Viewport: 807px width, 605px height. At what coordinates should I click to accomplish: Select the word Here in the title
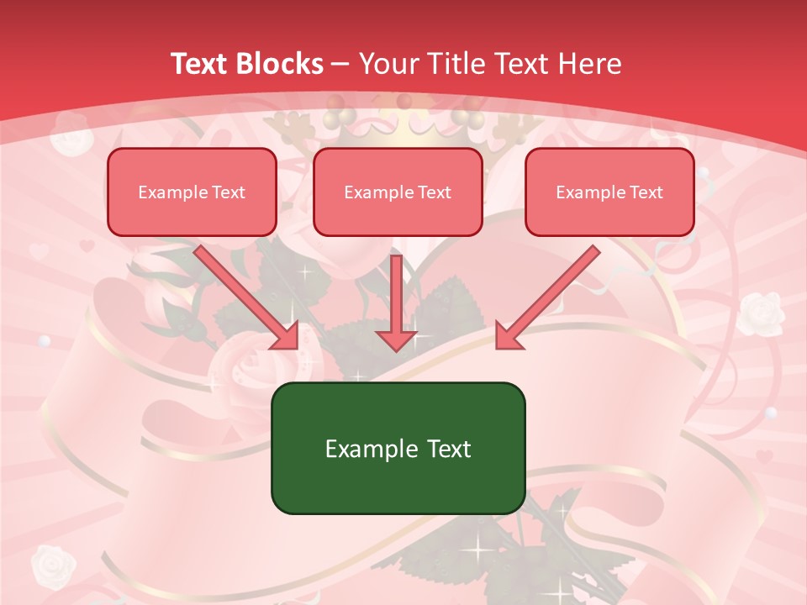pos(591,64)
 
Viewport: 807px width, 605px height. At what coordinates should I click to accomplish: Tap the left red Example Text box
pos(192,192)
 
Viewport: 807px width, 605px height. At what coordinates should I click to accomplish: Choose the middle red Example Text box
pos(398,192)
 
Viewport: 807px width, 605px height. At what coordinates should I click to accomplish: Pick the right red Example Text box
pos(609,192)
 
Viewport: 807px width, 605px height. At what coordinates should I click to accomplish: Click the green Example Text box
pos(398,448)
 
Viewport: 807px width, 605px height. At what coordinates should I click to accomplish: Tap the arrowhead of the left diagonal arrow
pos(286,336)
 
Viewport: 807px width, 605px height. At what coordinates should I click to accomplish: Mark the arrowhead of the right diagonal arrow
pos(509,336)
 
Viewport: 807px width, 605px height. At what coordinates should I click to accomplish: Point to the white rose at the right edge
pos(762,313)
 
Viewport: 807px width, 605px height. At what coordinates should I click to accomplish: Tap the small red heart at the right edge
pos(763,457)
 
